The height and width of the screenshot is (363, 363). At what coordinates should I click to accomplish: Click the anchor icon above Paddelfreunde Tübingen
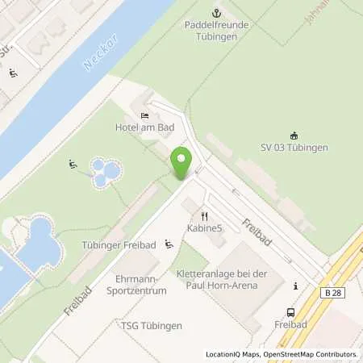tap(215, 13)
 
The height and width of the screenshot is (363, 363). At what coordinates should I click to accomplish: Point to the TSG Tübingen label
tap(152, 326)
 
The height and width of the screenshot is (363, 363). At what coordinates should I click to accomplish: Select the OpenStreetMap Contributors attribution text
tap(317, 354)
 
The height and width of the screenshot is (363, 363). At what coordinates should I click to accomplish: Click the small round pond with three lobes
tap(105, 172)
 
